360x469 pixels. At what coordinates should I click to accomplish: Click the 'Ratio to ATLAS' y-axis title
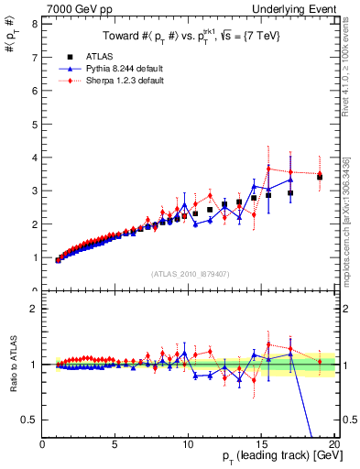click(x=12, y=364)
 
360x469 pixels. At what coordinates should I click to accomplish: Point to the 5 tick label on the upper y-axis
click(x=34, y=124)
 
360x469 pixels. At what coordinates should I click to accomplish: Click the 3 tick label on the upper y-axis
click(x=34, y=191)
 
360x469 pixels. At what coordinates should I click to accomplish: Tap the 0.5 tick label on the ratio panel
click(x=29, y=420)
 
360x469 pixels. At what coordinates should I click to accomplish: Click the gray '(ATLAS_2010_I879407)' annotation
click(x=190, y=273)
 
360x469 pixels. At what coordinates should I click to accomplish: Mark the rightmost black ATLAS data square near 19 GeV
click(x=320, y=176)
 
